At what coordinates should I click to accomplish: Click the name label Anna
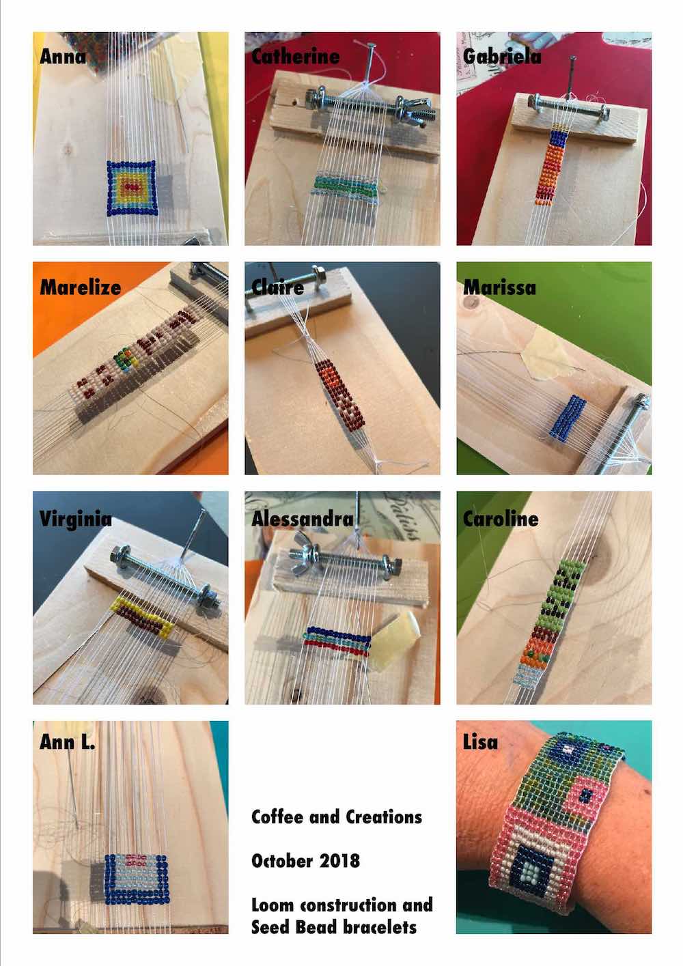(63, 57)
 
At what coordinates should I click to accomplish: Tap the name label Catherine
(295, 57)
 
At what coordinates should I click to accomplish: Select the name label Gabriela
(502, 57)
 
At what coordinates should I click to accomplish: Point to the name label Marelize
(80, 287)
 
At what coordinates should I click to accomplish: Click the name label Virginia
(76, 519)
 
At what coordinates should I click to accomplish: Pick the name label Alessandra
(302, 519)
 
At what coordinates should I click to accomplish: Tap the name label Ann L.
(68, 742)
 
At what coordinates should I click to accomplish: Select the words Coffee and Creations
(337, 816)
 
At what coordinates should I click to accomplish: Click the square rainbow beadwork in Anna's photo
(131, 188)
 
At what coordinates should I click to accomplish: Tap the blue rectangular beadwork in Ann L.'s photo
(137, 880)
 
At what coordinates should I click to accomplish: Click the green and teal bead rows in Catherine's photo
(345, 187)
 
